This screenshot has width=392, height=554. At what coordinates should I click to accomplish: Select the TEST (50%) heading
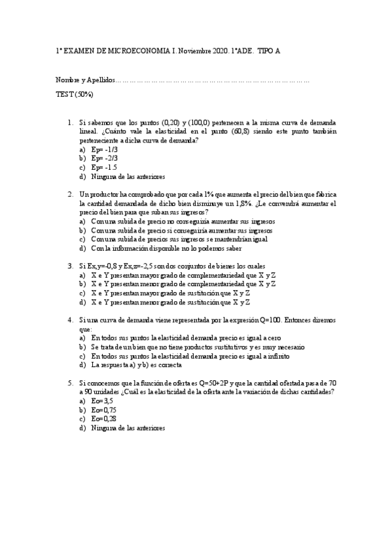74,94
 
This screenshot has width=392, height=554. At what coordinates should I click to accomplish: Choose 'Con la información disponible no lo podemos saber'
166,248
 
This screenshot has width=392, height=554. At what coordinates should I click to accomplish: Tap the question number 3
70,266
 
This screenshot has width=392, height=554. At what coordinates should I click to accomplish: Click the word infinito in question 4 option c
277,356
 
